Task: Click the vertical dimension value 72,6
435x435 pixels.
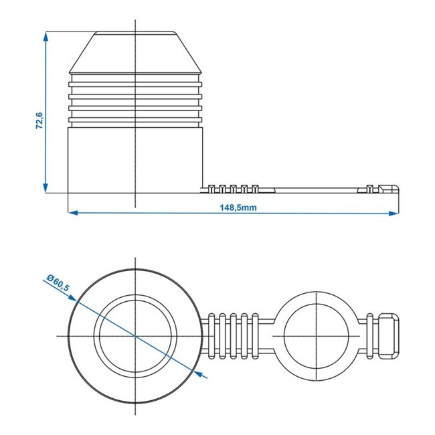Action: pyautogui.click(x=39, y=122)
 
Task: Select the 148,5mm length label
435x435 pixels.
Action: pyautogui.click(x=238, y=207)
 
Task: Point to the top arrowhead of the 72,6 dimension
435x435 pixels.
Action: pyautogui.click(x=46, y=35)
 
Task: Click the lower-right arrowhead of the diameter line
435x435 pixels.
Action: pyautogui.click(x=205, y=375)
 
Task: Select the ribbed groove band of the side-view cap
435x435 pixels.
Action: pyautogui.click(x=136, y=100)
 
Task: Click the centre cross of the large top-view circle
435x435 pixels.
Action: pyautogui.click(x=136, y=335)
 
